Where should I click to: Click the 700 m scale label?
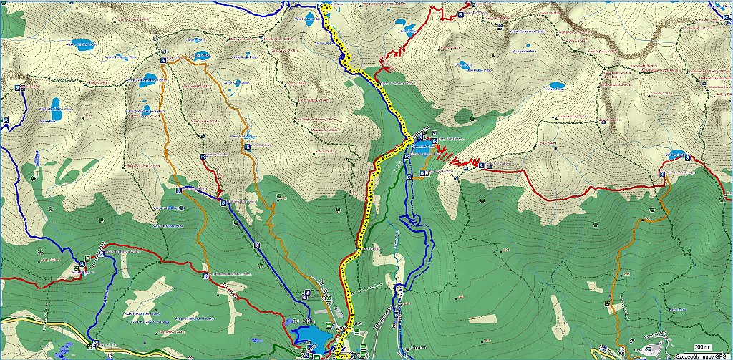click(693, 346)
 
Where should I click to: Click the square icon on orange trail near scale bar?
click(608, 303)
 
